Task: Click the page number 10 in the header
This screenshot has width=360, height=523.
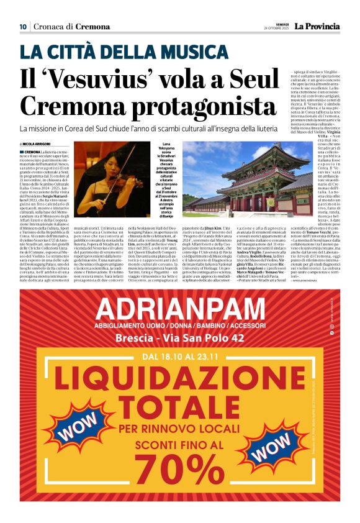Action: click(x=23, y=26)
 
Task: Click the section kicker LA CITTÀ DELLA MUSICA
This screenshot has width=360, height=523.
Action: click(x=124, y=52)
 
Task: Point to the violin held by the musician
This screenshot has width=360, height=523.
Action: click(x=119, y=180)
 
